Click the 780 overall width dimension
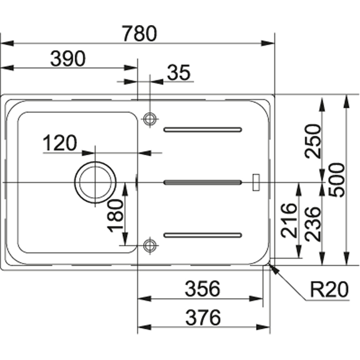click(139, 33)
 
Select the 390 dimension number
click(68, 59)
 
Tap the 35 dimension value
click(179, 72)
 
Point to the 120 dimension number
click(60, 143)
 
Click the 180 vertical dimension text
click(115, 216)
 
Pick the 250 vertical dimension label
click(312, 141)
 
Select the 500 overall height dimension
click(337, 180)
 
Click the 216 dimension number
click(289, 221)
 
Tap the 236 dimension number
click(312, 224)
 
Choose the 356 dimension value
click(203, 288)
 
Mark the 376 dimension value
click(203, 318)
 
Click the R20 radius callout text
click(329, 290)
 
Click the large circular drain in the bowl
click(95, 162)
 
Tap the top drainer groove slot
click(203, 130)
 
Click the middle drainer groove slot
click(203, 183)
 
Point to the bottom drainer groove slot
click(203, 235)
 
